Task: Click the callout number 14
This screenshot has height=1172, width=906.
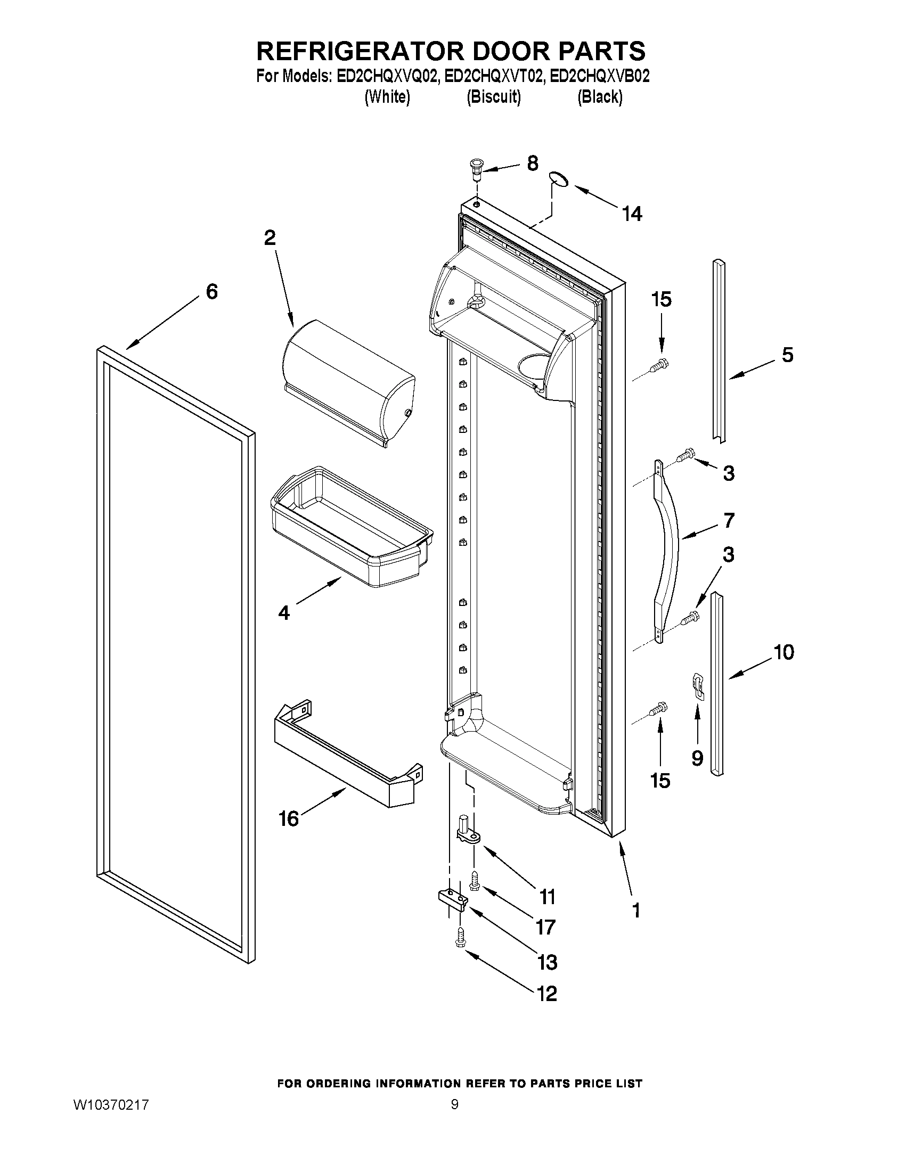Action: pos(632,214)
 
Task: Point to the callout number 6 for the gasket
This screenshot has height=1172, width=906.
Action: pos(212,292)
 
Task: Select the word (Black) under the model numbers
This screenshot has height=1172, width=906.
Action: pos(600,97)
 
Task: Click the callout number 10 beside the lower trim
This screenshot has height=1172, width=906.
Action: pos(783,652)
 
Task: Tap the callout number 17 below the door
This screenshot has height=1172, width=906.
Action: pos(545,927)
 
